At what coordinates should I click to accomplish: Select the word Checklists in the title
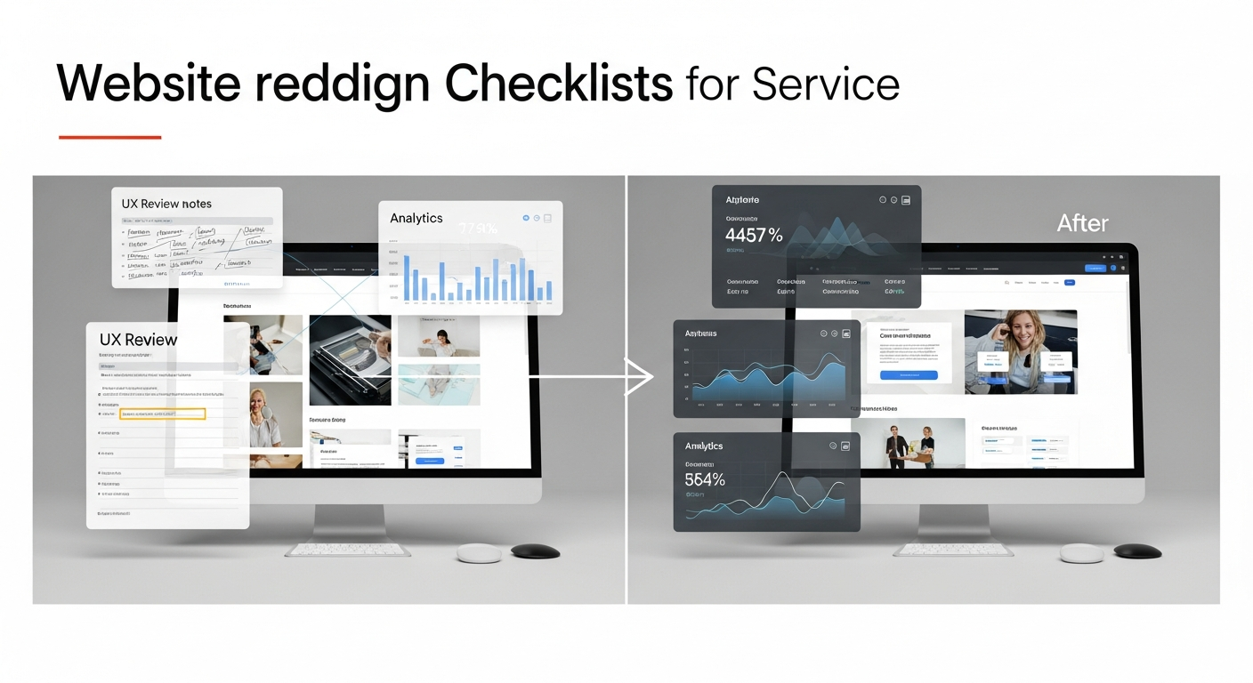[558, 84]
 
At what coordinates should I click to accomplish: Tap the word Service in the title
[825, 84]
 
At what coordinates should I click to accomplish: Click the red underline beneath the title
[109, 137]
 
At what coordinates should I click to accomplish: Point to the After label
[1082, 223]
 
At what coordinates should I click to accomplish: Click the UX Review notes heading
[166, 204]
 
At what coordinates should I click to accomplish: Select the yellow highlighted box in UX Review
[162, 414]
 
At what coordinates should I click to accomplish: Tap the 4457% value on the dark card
[754, 236]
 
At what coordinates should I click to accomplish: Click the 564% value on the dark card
[705, 479]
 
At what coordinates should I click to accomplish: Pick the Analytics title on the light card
[416, 218]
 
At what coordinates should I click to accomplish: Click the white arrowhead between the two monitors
[640, 376]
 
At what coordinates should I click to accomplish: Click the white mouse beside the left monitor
[480, 552]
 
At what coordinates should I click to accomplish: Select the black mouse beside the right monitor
[1137, 551]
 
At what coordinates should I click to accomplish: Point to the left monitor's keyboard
[348, 550]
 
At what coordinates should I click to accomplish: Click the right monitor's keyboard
[952, 550]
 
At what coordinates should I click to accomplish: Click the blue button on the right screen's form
[909, 375]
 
